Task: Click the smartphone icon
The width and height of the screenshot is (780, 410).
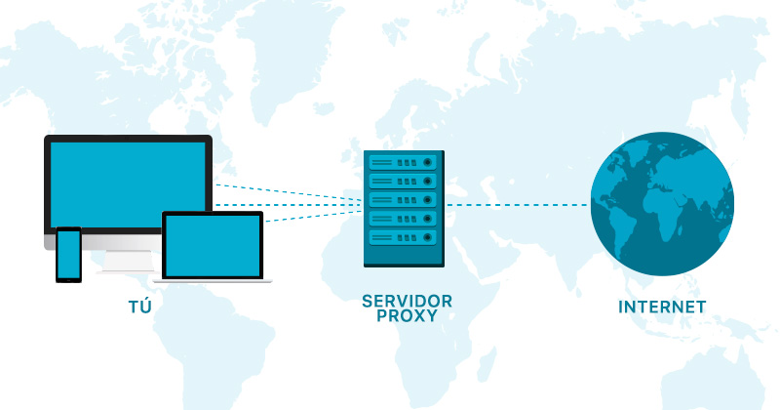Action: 68,255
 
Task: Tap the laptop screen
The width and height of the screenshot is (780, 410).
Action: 213,246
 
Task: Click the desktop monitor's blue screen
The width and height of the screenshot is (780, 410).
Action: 128,184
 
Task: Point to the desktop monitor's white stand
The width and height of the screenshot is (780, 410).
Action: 129,261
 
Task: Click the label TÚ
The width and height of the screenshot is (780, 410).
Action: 139,306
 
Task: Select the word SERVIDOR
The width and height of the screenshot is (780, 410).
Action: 407,302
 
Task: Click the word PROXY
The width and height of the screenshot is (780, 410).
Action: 407,316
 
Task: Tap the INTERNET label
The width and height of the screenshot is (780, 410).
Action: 662,307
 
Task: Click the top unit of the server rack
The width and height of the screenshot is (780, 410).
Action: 403,162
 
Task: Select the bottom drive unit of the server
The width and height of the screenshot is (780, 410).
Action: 403,237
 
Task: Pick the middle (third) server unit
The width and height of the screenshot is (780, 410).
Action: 403,200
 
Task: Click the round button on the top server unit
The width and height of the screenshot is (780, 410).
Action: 427,162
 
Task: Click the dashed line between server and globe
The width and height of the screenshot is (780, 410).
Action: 518,205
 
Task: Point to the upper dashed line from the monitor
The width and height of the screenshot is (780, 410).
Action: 290,192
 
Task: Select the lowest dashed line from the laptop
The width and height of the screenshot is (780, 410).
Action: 313,216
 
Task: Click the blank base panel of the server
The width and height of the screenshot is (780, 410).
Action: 404,256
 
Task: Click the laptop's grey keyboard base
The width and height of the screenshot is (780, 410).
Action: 213,281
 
